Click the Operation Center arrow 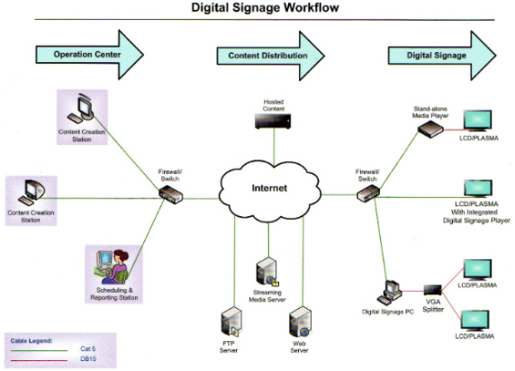(x=89, y=55)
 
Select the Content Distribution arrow (x=271, y=56)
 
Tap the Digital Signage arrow (x=442, y=55)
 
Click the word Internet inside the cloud (x=269, y=188)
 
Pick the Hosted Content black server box (x=273, y=121)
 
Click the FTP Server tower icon (x=231, y=322)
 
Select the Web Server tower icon (x=300, y=322)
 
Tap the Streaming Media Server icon (x=267, y=272)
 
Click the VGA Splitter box (x=432, y=289)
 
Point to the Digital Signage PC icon (x=390, y=293)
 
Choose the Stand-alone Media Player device (x=430, y=129)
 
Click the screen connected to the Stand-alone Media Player (x=477, y=121)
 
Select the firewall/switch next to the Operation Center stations (x=171, y=195)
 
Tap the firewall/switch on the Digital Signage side (x=368, y=194)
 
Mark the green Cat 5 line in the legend (x=39, y=350)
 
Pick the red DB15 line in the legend (x=39, y=360)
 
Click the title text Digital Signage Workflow (x=265, y=7)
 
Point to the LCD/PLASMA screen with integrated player (x=478, y=189)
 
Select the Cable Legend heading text (x=32, y=340)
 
